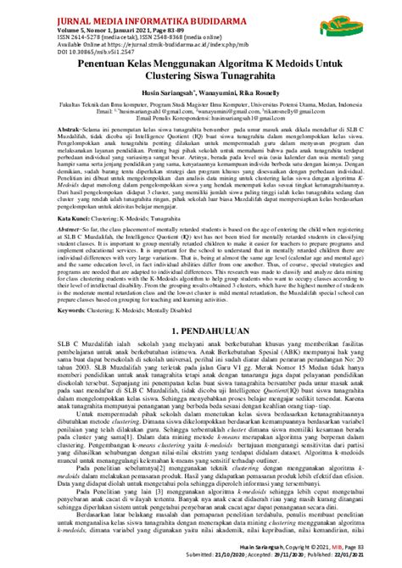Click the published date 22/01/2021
[x=362, y=557]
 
